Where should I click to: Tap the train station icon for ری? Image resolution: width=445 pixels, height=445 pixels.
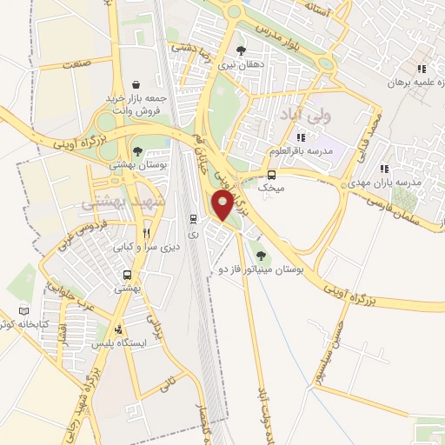tap(193, 216)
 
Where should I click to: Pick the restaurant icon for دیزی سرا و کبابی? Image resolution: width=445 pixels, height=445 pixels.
tap(147, 232)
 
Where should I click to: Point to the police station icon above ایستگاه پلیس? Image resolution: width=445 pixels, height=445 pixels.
tap(118, 329)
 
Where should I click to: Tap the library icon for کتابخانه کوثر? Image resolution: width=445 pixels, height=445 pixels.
tap(23, 310)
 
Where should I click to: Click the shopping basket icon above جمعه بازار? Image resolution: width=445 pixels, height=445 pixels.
tap(137, 85)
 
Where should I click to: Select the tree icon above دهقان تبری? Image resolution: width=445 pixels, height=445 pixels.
tap(241, 50)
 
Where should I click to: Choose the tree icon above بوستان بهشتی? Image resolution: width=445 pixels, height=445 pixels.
tap(137, 151)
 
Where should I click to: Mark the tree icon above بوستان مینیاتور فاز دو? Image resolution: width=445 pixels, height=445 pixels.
tap(262, 255)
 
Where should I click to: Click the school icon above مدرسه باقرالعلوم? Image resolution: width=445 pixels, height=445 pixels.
tap(300, 137)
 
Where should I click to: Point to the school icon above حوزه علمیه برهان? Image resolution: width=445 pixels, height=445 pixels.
tap(422, 69)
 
